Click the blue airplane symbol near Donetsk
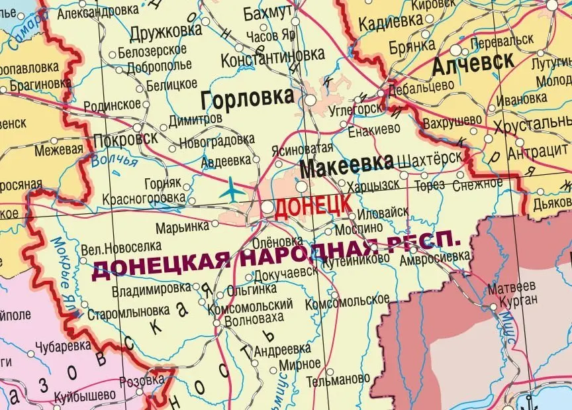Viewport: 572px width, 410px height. coord(232,189)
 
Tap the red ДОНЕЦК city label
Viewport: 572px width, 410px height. coord(313,207)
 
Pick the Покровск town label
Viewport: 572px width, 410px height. coord(126,139)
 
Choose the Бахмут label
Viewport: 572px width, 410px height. coord(267,13)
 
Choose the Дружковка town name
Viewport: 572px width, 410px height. coord(166,31)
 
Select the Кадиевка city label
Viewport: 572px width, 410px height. coord(390,23)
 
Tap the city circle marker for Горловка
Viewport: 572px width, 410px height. coord(310,99)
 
